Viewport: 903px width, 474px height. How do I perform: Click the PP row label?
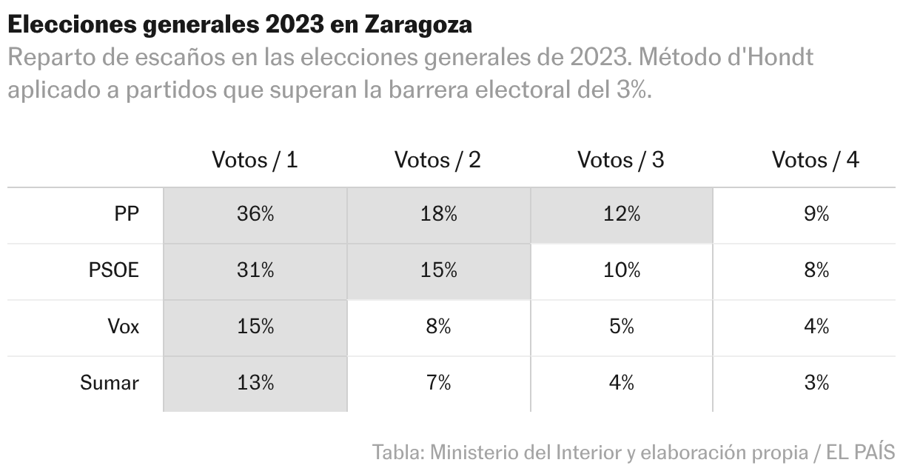coord(127,215)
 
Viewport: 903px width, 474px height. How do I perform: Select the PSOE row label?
coord(114,271)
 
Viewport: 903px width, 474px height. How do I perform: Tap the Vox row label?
coord(123,327)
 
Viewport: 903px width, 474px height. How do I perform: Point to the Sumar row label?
coord(110,383)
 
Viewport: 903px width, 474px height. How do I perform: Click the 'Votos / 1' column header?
coord(255,160)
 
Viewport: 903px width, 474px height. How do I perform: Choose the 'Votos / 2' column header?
coord(437,160)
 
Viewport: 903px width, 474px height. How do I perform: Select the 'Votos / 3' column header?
coord(620,160)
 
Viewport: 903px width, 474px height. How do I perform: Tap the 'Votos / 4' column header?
coord(815,160)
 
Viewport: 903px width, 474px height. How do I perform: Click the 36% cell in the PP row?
coord(255,215)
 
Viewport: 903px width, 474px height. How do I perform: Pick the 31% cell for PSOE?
coord(255,271)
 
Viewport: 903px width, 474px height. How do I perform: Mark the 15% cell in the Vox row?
coord(255,327)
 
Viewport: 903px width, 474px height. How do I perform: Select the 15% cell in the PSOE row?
coord(437,271)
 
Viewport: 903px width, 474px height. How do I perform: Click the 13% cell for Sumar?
coord(255,383)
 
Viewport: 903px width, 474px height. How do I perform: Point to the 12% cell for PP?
coord(620,215)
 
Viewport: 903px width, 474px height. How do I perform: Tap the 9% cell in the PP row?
coord(816,215)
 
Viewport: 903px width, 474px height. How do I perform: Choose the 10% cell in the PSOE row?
coord(620,271)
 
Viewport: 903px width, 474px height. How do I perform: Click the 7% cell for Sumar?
coord(437,383)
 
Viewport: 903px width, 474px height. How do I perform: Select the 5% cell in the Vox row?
coord(620,327)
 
